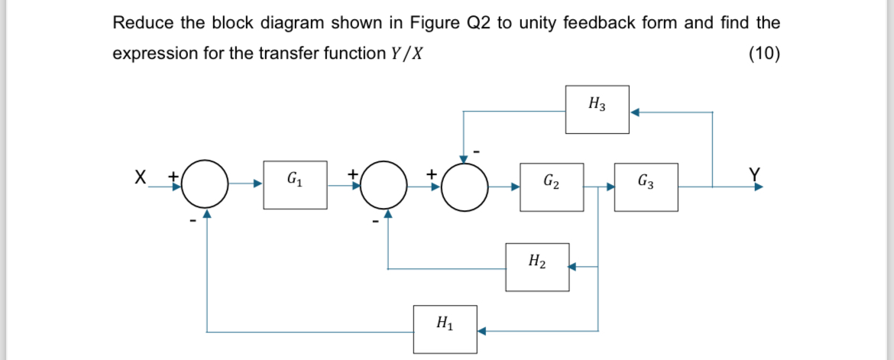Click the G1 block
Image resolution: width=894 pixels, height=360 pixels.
click(x=295, y=184)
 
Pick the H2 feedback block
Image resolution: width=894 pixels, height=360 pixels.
click(x=537, y=267)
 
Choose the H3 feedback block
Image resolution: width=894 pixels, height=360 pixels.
click(x=598, y=109)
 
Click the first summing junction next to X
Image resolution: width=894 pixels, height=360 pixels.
click(x=205, y=184)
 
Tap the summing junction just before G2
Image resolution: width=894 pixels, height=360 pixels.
click(x=465, y=184)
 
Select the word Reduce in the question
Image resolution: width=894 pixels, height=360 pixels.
click(x=144, y=23)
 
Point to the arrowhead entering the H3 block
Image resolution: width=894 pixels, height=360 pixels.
click(x=634, y=112)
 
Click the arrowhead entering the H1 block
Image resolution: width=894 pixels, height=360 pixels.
click(x=481, y=332)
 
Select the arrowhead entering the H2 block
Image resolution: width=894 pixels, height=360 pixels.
click(x=573, y=268)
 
